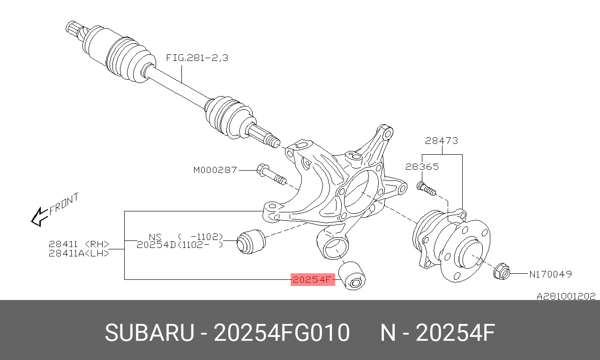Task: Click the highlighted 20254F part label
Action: (313, 280)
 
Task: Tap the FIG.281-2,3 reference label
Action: (197, 58)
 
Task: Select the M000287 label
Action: (215, 170)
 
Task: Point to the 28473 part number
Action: (442, 141)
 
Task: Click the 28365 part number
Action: (422, 166)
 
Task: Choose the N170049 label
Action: (550, 274)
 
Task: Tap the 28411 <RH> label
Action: (79, 244)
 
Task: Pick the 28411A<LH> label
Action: (79, 253)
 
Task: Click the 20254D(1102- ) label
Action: (180, 245)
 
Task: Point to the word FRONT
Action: (64, 203)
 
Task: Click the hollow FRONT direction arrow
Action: (40, 217)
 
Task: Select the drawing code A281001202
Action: (566, 296)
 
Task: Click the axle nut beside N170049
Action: (502, 272)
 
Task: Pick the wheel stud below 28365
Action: (426, 188)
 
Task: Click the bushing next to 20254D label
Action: (251, 241)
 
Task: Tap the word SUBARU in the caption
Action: (150, 332)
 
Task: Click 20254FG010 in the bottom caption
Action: (282, 332)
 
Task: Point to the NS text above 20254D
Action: (155, 237)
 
